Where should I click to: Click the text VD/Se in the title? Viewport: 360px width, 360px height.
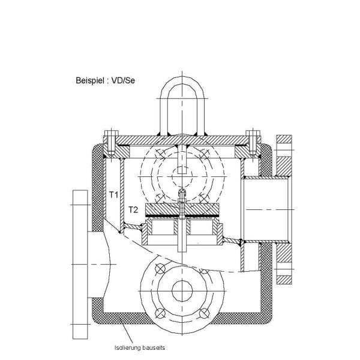tap(123, 80)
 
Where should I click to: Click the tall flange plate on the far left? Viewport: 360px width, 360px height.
tap(79, 264)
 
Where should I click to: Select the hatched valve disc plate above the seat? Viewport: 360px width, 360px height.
tap(181, 208)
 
